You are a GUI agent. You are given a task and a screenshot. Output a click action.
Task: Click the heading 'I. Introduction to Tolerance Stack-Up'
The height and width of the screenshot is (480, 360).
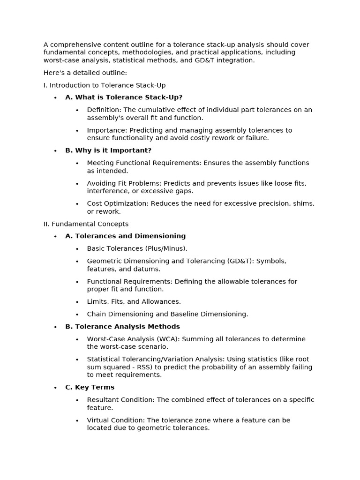[x=105, y=85]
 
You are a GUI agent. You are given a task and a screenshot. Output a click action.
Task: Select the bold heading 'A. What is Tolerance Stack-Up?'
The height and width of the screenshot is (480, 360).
[x=124, y=97]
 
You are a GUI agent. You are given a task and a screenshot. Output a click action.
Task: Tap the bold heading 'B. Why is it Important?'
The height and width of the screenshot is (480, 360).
[x=108, y=150]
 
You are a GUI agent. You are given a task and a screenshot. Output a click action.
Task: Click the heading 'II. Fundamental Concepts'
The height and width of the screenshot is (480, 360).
[x=86, y=224]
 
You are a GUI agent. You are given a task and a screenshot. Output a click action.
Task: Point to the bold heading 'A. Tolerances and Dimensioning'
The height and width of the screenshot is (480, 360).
[x=125, y=236]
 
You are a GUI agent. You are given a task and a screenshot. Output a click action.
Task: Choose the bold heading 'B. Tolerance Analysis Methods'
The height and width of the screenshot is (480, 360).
[x=122, y=327]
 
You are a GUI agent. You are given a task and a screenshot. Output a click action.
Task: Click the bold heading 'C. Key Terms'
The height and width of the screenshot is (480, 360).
[x=90, y=387]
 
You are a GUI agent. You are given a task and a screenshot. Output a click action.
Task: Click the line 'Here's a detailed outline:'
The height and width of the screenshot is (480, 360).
[x=85, y=73]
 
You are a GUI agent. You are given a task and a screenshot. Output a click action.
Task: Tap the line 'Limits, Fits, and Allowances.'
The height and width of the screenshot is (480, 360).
[x=134, y=302]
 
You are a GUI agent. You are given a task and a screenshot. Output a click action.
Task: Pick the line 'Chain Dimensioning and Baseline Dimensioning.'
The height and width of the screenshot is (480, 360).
[x=167, y=314]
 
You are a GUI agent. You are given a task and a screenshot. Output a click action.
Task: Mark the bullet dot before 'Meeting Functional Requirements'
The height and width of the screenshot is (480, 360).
[x=77, y=163]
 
